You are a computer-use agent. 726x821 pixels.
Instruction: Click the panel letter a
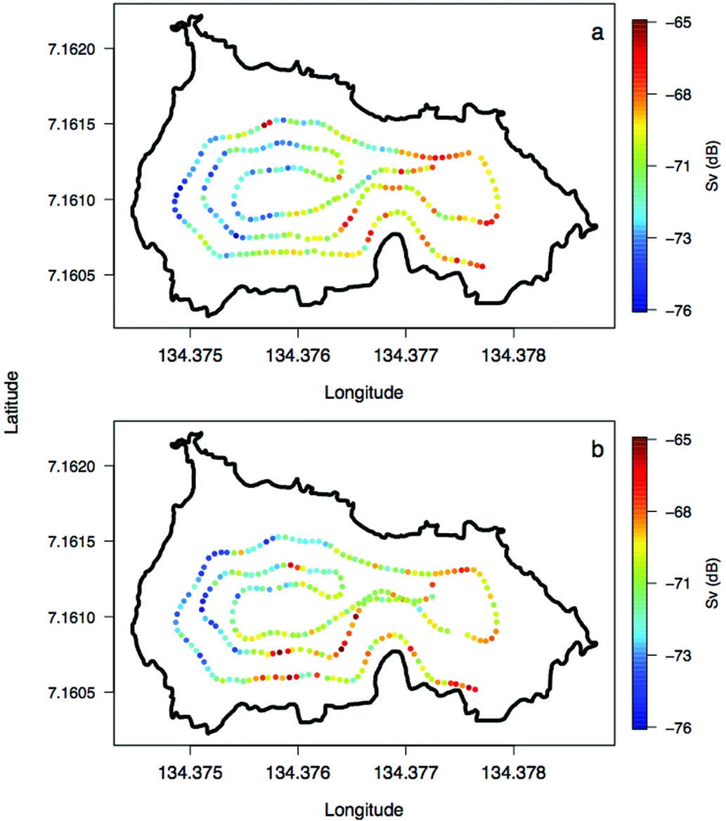[x=598, y=33]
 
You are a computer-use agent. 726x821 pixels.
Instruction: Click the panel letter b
[x=597, y=449]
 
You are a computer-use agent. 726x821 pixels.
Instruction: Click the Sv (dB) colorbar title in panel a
[x=711, y=166]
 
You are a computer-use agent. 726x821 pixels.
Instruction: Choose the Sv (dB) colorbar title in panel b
[x=711, y=584]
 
